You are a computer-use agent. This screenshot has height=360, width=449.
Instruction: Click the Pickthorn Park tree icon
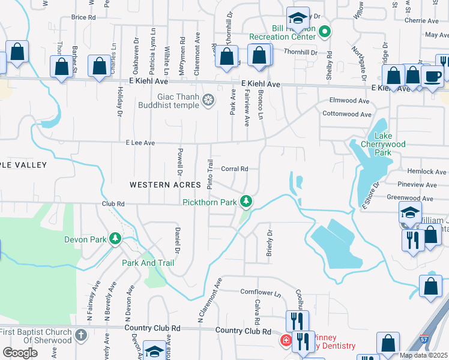click(x=246, y=202)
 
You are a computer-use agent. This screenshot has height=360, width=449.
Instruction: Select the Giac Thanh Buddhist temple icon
click(x=208, y=100)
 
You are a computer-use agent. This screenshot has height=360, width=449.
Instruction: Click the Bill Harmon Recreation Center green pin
click(x=325, y=32)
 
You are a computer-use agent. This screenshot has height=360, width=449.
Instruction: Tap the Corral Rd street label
click(x=235, y=169)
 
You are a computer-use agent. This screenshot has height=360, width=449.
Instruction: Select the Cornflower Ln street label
click(x=261, y=292)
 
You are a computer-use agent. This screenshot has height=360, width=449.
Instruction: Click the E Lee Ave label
click(x=140, y=143)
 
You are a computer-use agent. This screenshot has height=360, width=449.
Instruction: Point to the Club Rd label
click(x=113, y=204)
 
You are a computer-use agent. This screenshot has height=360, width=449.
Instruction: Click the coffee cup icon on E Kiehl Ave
click(x=432, y=76)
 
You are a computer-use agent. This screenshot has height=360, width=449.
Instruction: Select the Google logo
click(x=20, y=353)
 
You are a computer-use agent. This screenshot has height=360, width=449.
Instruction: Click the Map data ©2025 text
click(x=423, y=355)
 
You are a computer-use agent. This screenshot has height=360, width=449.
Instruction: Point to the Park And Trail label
click(x=148, y=263)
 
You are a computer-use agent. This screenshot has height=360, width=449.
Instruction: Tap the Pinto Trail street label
click(x=210, y=175)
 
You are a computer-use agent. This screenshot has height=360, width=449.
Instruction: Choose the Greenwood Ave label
click(x=410, y=198)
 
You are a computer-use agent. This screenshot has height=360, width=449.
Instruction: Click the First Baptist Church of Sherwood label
click(x=36, y=336)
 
